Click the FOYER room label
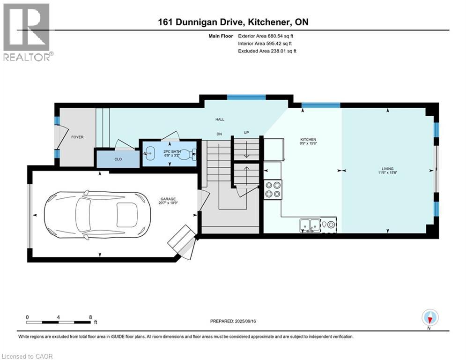[x=77, y=137]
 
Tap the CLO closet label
[x=118, y=159]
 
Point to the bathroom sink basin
[x=150, y=153]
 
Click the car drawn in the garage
[x=97, y=215]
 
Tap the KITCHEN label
[x=308, y=139]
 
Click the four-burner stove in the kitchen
[x=272, y=188]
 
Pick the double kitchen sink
[x=310, y=225]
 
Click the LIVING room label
[x=387, y=169]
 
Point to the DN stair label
[x=219, y=135]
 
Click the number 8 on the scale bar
[x=90, y=317]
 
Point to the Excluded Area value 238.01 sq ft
[x=282, y=51]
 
